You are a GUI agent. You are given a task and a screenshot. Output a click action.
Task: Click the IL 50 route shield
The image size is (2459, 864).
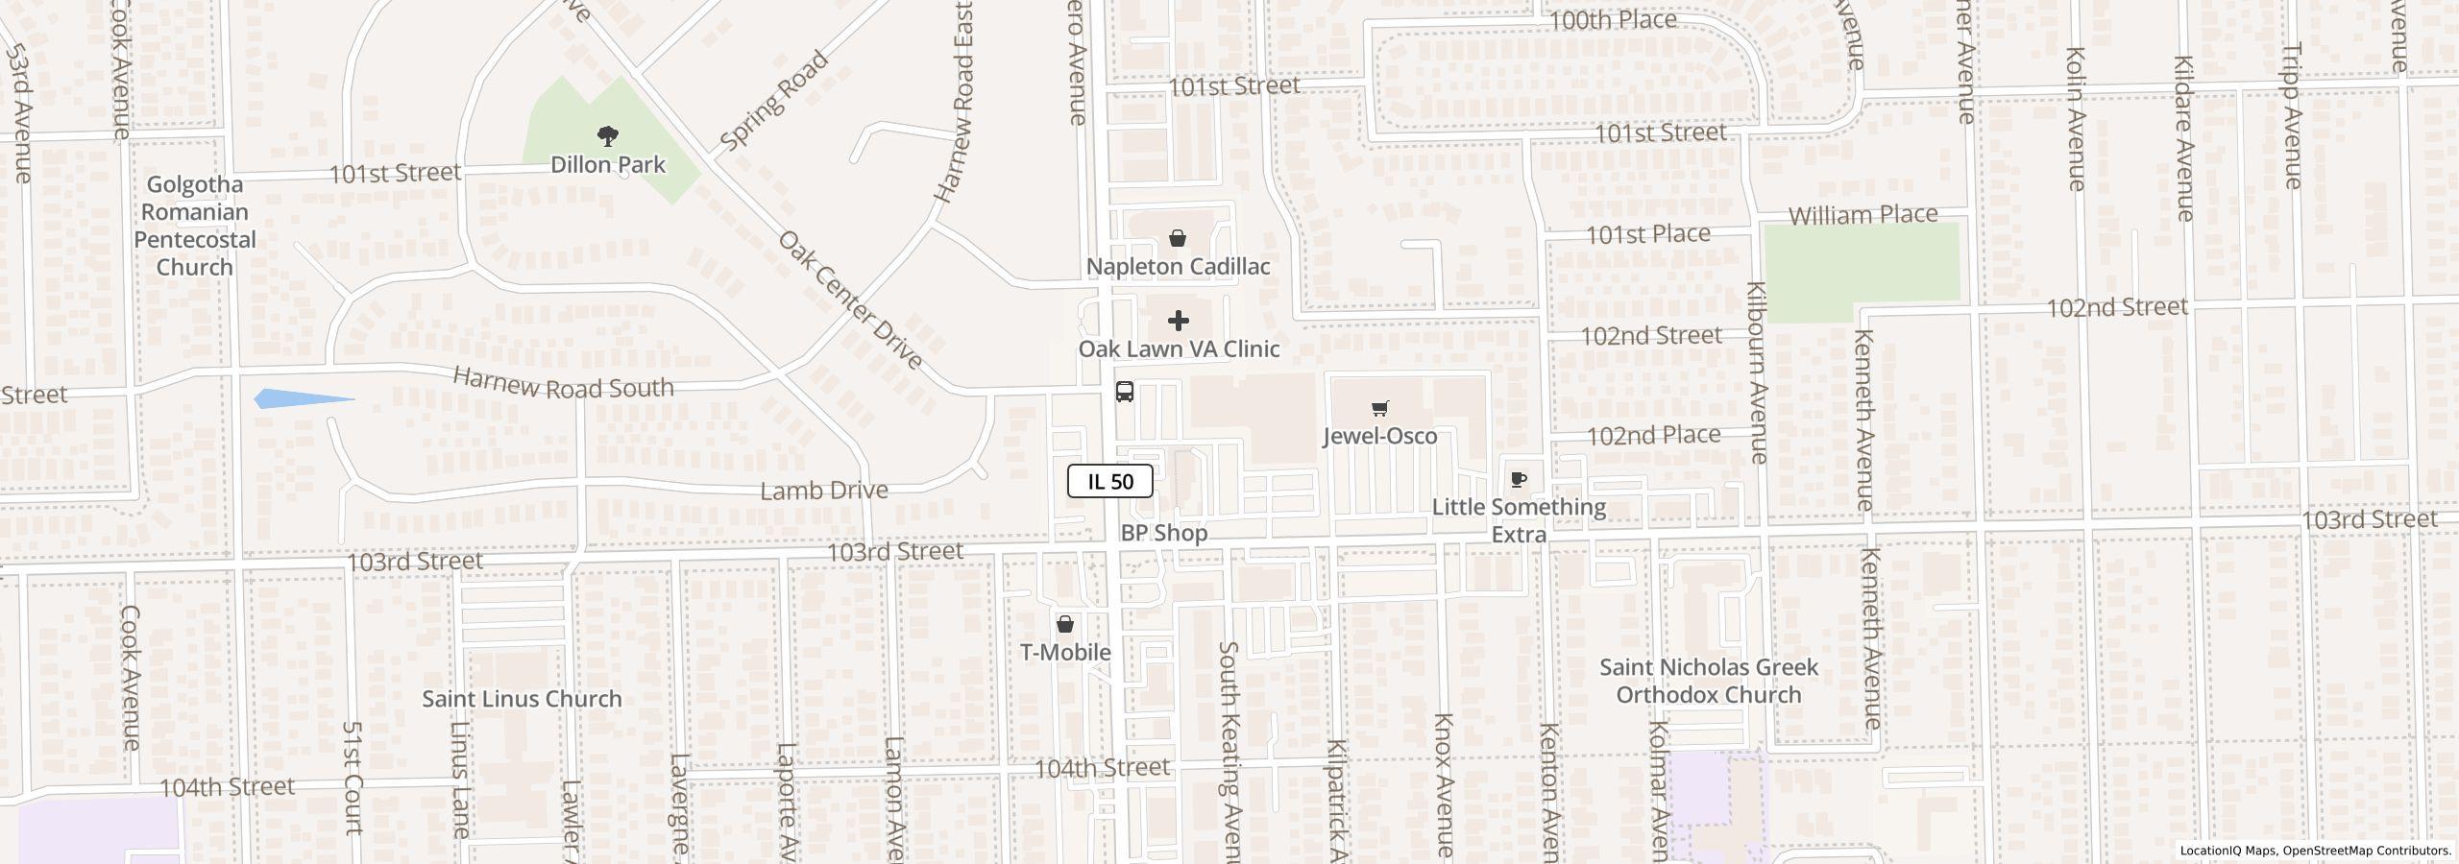click(1109, 481)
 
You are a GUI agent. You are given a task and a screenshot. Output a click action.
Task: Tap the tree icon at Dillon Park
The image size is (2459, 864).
click(607, 136)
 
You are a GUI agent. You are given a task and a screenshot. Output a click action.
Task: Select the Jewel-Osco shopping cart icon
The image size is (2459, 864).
click(1379, 409)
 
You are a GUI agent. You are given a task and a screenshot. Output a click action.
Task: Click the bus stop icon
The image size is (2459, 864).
click(1124, 392)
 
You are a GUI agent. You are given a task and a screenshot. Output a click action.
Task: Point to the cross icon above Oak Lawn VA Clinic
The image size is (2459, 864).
click(1178, 321)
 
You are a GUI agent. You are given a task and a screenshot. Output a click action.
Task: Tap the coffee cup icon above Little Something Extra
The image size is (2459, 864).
click(1519, 479)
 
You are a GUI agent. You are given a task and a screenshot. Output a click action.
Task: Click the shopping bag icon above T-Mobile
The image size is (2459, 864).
click(1064, 625)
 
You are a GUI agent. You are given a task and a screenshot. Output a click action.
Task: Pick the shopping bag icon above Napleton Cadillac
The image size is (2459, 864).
click(1178, 238)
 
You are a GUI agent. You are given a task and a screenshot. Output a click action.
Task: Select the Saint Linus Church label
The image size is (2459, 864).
click(522, 699)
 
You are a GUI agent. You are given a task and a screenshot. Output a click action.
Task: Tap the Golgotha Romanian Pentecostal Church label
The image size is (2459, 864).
click(195, 226)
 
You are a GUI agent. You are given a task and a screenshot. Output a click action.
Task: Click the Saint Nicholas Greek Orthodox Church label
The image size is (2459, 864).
click(1708, 681)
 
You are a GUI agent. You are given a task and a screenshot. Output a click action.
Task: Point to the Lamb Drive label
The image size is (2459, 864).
click(823, 491)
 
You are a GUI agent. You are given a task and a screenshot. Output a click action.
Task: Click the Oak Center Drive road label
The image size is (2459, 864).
click(850, 300)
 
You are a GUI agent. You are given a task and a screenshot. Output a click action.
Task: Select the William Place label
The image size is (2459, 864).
click(1863, 214)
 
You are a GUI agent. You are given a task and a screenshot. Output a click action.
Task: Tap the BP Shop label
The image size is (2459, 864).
click(1163, 533)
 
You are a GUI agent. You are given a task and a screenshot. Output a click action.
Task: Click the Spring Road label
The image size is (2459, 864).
click(773, 101)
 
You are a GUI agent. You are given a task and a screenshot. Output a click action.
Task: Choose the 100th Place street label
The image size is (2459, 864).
click(1613, 20)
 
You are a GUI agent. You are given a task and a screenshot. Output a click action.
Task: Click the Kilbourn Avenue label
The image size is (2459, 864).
click(1757, 372)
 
